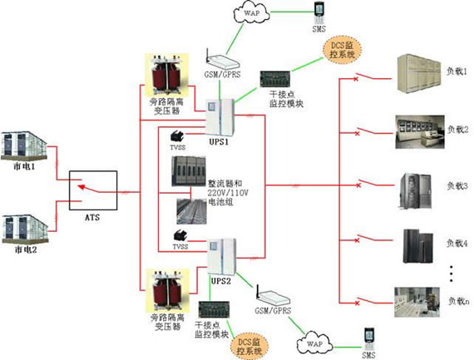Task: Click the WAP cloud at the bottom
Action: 314,341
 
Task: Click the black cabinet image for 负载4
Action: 417,243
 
